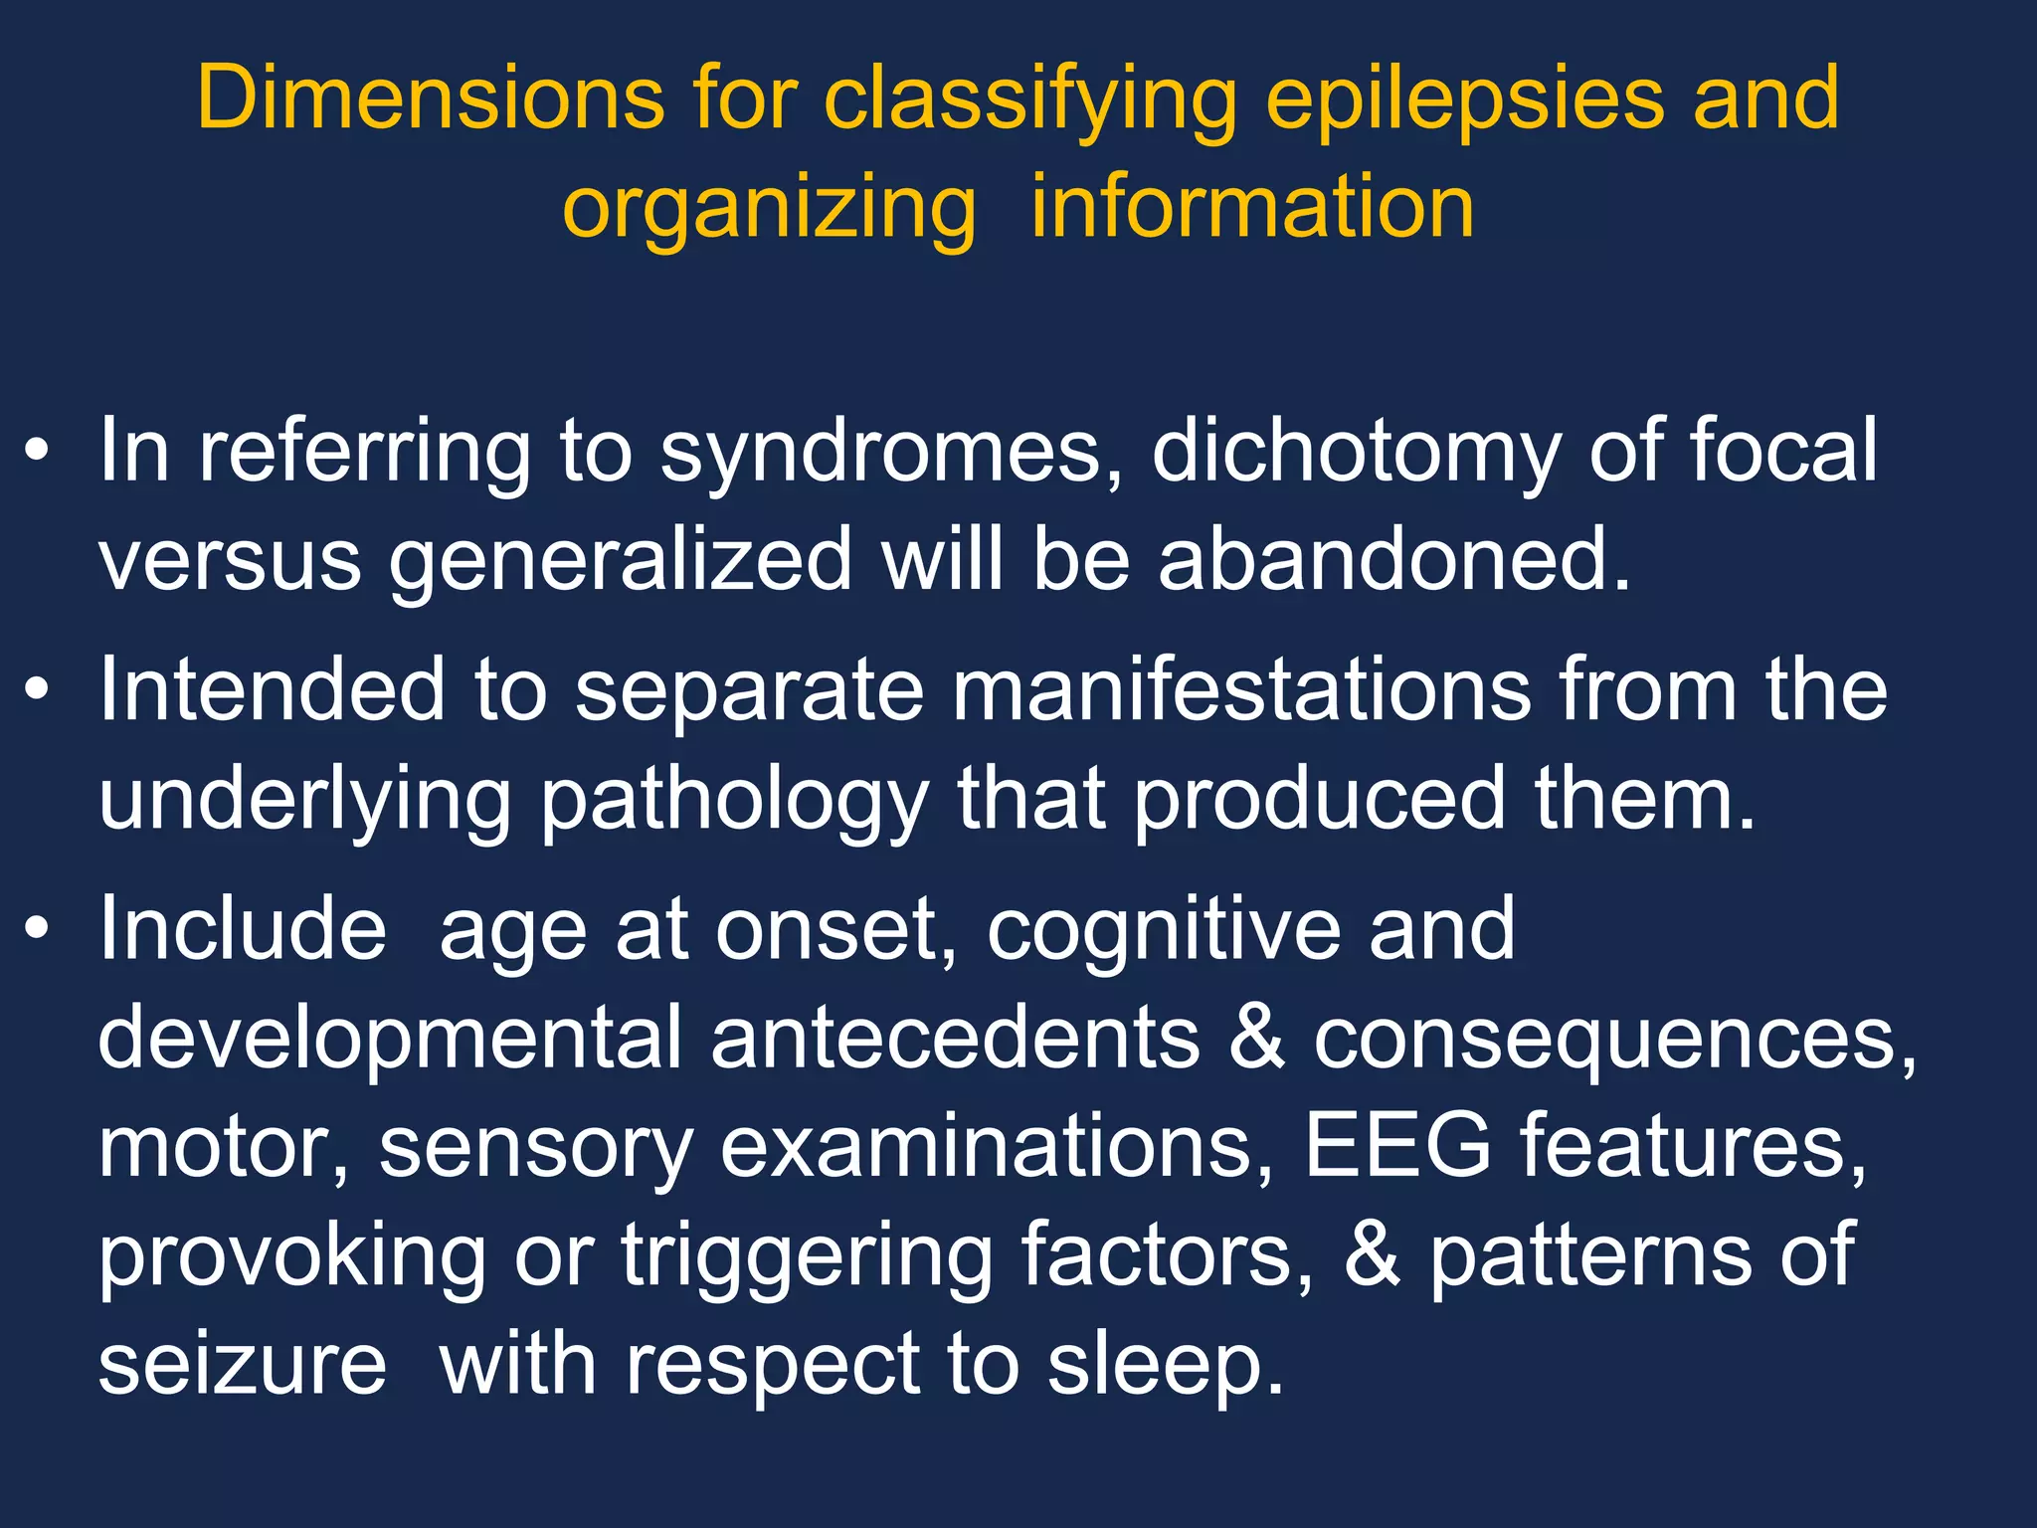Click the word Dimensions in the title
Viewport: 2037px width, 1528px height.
431,97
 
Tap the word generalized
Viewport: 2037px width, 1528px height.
621,560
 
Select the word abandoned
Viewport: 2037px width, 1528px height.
1392,560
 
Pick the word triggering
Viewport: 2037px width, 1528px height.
807,1255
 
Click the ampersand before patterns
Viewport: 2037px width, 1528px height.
1372,1255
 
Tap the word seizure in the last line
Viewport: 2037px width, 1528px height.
242,1364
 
